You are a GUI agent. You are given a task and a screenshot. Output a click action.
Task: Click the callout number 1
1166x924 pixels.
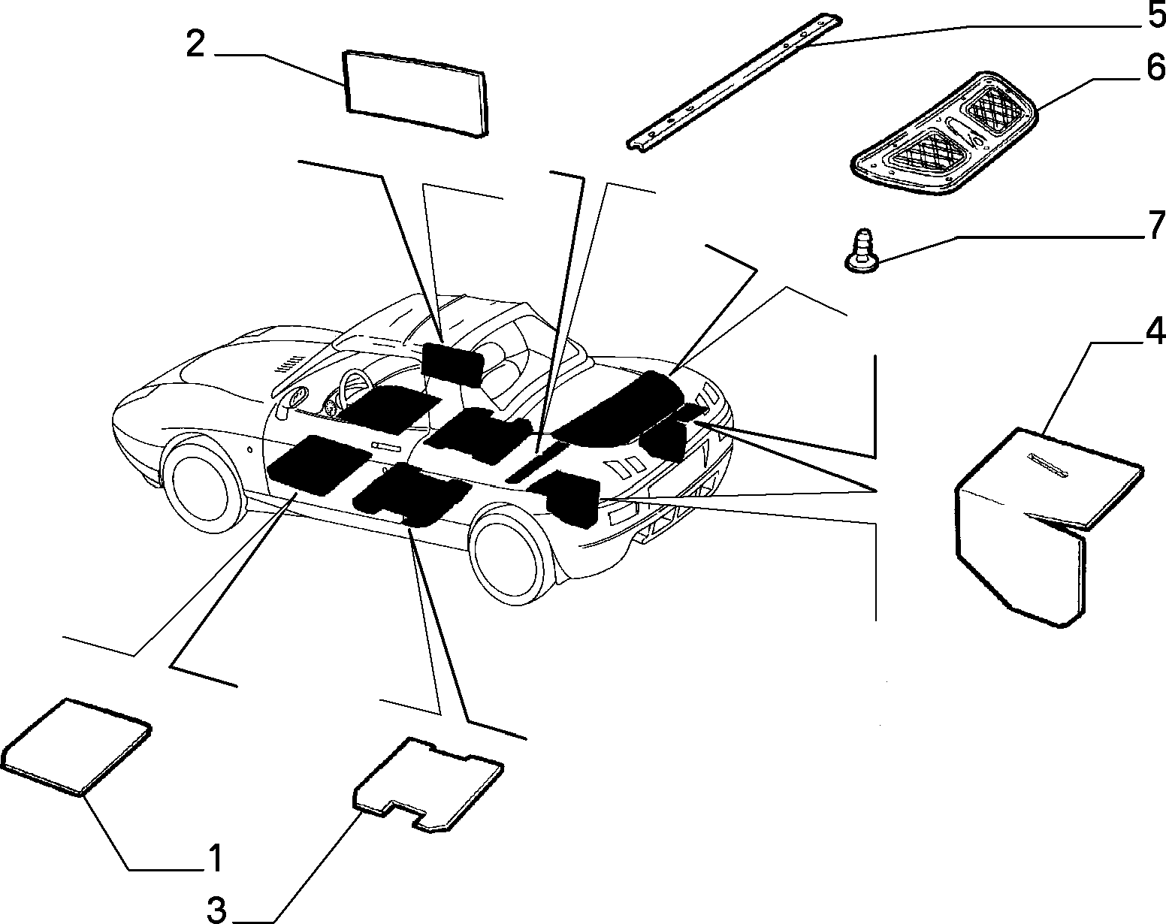pyautogui.click(x=216, y=858)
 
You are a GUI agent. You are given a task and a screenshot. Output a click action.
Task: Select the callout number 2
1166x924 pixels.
pyautogui.click(x=195, y=44)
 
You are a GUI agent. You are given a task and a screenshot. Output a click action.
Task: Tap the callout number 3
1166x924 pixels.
pyautogui.click(x=216, y=909)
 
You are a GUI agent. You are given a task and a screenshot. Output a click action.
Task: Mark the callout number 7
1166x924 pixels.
pyautogui.click(x=1155, y=225)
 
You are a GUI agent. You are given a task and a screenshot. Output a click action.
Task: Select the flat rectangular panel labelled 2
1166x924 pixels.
pyautogui.click(x=415, y=93)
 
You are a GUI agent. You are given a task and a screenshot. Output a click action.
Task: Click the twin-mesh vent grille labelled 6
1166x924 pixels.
pyautogui.click(x=944, y=133)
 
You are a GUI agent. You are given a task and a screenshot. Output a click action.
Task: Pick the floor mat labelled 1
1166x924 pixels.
pyautogui.click(x=76, y=747)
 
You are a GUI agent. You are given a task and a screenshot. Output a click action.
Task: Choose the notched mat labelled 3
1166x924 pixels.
pyautogui.click(x=428, y=784)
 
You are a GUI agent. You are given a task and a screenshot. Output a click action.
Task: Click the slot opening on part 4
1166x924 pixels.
pyautogui.click(x=1049, y=465)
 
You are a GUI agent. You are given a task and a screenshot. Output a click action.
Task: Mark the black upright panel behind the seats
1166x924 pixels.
pyautogui.click(x=452, y=364)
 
